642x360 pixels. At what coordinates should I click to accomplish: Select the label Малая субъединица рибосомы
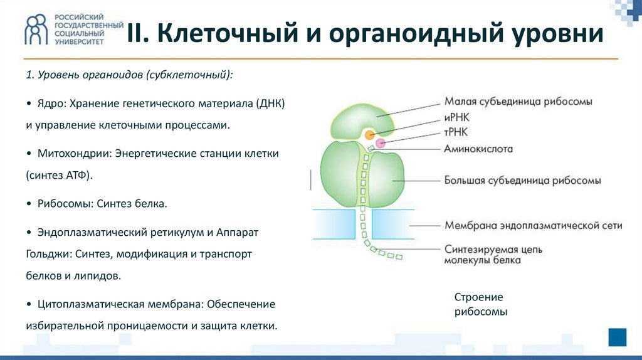(x=518, y=102)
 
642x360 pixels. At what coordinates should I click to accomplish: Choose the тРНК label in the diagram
(x=456, y=132)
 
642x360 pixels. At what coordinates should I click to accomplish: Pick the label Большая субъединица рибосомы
(x=523, y=181)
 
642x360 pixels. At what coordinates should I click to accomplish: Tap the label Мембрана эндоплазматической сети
(x=533, y=225)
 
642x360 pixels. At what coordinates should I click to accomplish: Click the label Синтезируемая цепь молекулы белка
(x=493, y=255)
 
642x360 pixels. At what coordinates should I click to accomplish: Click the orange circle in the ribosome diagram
(x=371, y=134)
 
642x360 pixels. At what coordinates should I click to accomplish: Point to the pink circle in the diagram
(x=380, y=143)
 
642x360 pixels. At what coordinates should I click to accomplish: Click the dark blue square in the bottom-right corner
(x=618, y=337)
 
